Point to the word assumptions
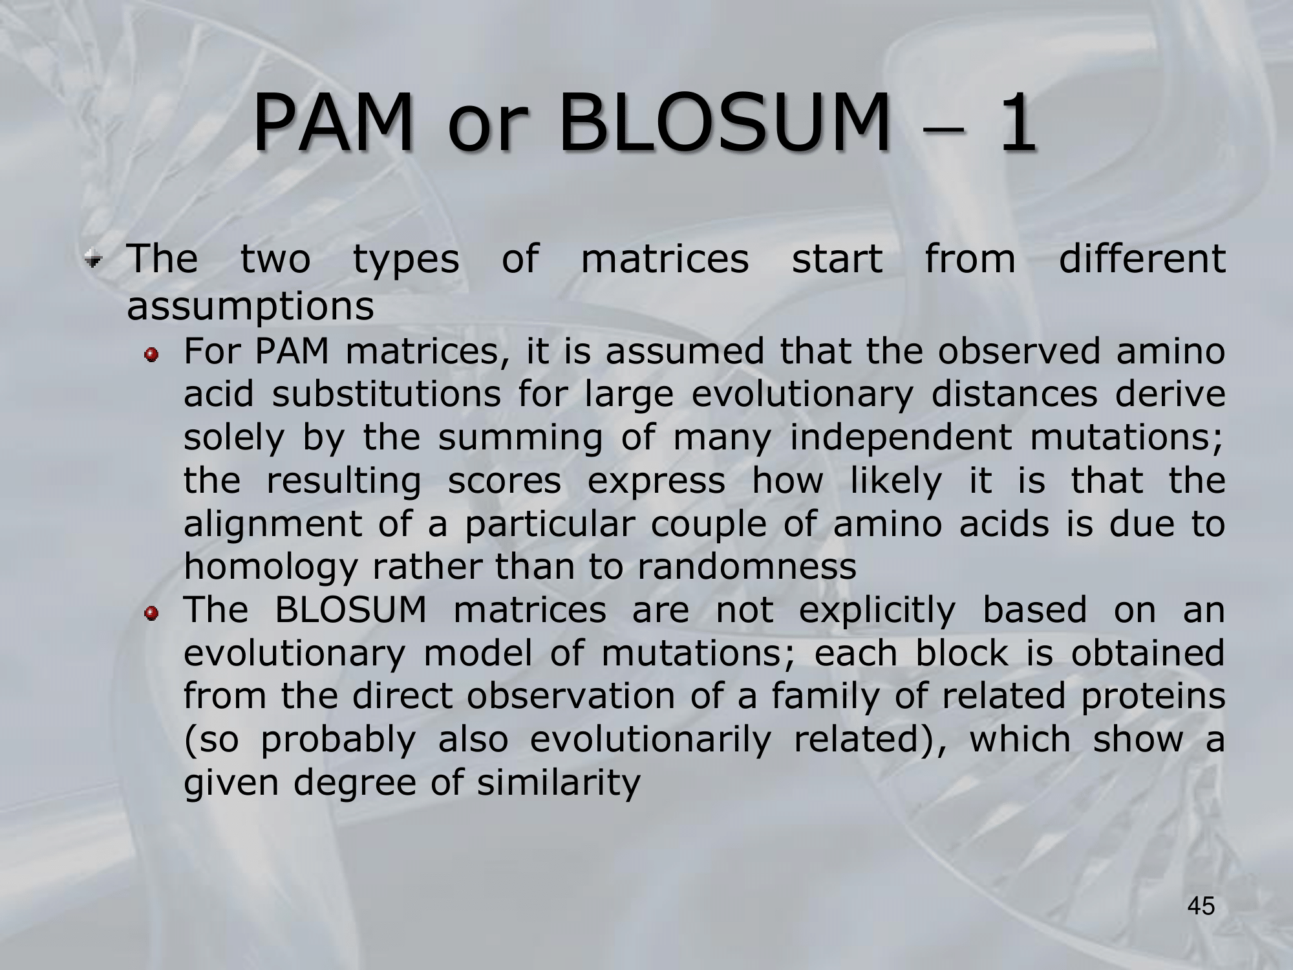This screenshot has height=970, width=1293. [x=250, y=307]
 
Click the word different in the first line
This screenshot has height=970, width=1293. [x=1142, y=259]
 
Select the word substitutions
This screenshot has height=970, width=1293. [x=386, y=394]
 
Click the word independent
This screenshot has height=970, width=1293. [x=901, y=438]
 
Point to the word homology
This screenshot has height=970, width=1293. [x=270, y=568]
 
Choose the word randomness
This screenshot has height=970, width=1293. [x=747, y=566]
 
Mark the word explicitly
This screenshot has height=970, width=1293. [x=877, y=610]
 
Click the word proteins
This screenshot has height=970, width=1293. [x=1148, y=697]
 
